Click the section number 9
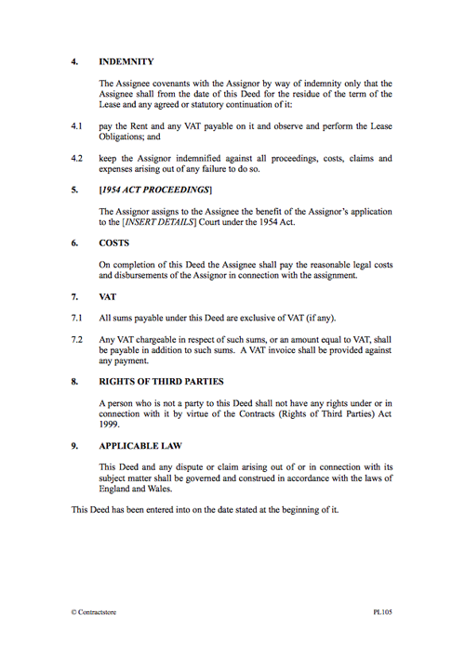[x=74, y=446]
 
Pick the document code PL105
[x=382, y=612]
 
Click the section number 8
[x=74, y=381]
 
